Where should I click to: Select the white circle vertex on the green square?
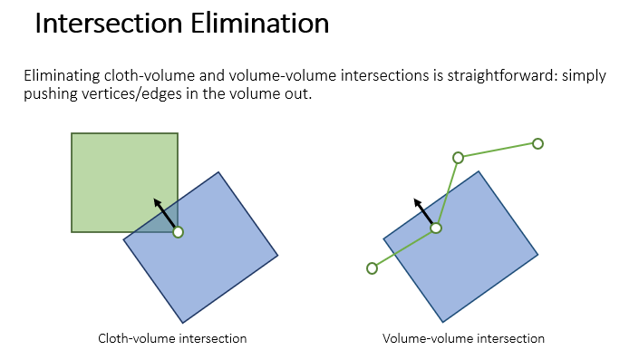pyautogui.click(x=178, y=232)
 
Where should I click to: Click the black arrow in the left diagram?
pyautogui.click(x=164, y=215)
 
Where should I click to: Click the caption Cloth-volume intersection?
pyautogui.click(x=172, y=338)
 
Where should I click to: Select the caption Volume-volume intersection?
pyautogui.click(x=463, y=338)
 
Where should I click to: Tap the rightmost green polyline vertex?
pyautogui.click(x=537, y=143)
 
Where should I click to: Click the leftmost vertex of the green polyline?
pyautogui.click(x=372, y=268)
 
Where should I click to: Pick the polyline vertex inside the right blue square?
pyautogui.click(x=436, y=228)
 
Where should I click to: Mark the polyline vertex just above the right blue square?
pyautogui.click(x=458, y=158)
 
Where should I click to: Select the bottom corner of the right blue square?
pyautogui.click(x=442, y=321)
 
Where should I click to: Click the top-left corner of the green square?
pyautogui.click(x=73, y=133)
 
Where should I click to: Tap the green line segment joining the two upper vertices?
pyautogui.click(x=498, y=151)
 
